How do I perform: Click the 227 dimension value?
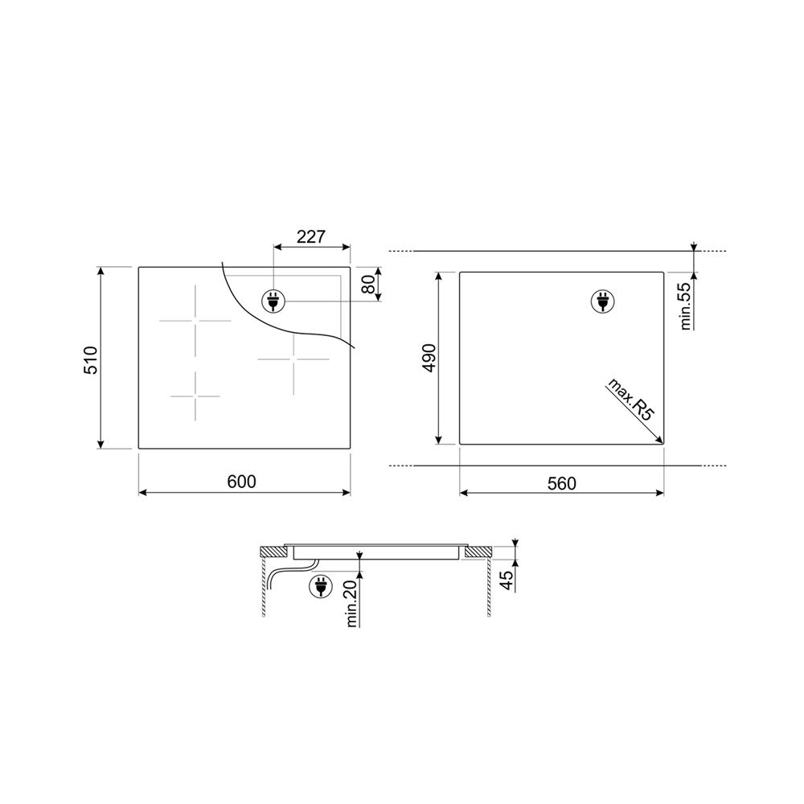(310, 236)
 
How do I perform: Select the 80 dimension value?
(368, 284)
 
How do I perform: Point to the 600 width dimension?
(241, 482)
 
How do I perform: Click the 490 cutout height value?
(429, 357)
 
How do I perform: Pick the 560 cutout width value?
(562, 483)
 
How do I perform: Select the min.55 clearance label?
(687, 306)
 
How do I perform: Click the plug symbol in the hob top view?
(273, 301)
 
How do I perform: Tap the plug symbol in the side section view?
(320, 588)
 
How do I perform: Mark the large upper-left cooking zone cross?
(195, 321)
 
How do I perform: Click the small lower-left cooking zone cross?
(195, 396)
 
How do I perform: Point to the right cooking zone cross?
(293, 359)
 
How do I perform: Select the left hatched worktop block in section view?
(274, 552)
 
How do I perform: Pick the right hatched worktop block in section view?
(478, 552)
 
